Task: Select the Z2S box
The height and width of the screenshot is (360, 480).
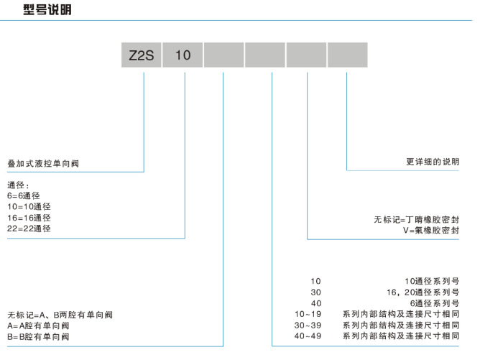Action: click(142, 55)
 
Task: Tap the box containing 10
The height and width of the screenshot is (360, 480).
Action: click(183, 55)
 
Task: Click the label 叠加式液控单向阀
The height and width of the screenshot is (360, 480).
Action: click(42, 164)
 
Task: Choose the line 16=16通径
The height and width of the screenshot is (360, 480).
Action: click(29, 217)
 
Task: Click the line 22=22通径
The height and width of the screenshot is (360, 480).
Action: click(29, 228)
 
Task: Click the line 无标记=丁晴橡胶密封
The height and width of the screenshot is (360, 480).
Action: click(417, 219)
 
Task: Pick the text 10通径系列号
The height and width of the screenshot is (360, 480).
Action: click(433, 280)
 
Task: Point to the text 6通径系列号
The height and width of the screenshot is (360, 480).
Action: click(435, 303)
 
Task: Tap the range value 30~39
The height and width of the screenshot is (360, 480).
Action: click(309, 325)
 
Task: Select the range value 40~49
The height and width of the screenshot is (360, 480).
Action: click(309, 336)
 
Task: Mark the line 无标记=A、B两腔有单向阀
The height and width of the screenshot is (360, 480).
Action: click(60, 315)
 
